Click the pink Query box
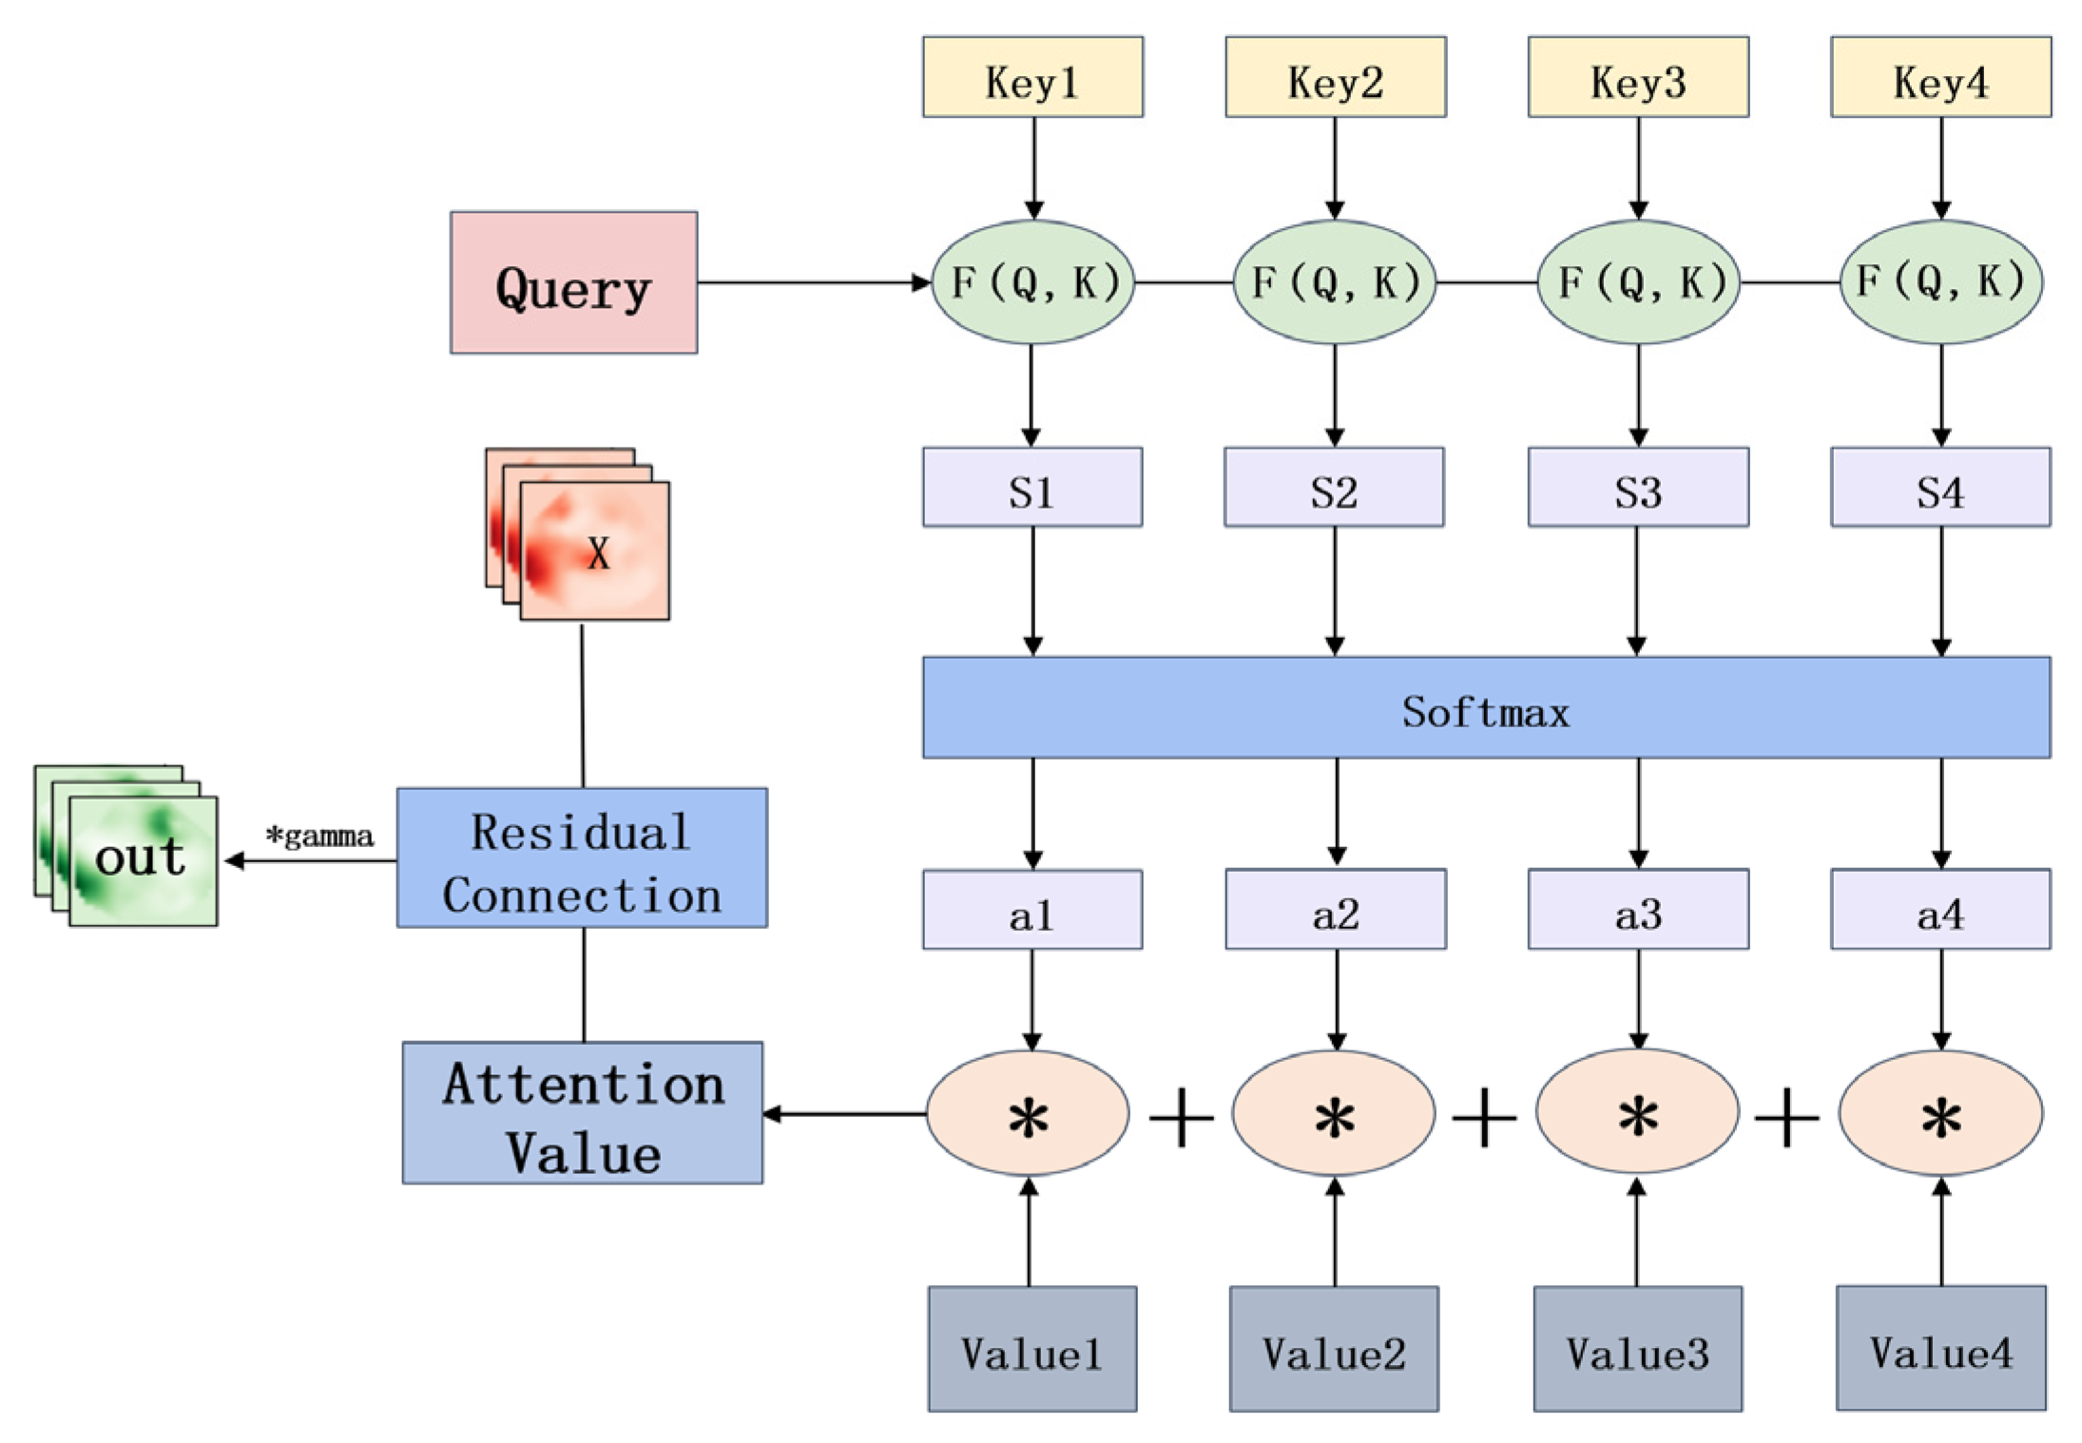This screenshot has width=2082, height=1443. point(573,282)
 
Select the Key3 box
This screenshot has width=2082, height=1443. point(1637,78)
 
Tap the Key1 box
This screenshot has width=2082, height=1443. point(1032,78)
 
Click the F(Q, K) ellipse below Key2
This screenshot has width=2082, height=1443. point(1334,282)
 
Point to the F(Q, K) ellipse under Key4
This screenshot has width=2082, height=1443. point(1940,282)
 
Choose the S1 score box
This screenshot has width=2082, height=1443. point(1032,488)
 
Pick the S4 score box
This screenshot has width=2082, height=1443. point(1940,488)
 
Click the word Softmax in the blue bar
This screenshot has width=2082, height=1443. point(1486,712)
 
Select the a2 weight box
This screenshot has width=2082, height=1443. point(1335,910)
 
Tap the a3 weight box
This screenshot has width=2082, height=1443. point(1637,910)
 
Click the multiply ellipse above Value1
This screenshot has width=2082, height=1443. point(1029,1113)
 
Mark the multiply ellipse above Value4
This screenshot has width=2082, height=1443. point(1940,1113)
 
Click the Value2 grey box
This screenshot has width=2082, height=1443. point(1334,1349)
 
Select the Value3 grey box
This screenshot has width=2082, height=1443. point(1637,1349)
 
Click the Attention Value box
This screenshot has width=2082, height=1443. point(583,1113)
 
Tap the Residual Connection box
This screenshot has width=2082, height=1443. point(582,858)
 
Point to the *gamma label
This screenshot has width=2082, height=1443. point(319,837)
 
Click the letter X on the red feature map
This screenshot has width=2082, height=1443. point(598,553)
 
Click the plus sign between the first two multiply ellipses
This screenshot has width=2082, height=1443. point(1182,1119)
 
